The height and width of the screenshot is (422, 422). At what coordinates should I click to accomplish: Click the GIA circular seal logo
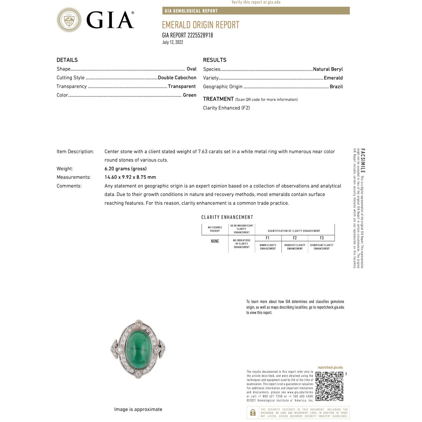69,20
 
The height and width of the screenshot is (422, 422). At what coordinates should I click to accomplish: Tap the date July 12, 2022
173,42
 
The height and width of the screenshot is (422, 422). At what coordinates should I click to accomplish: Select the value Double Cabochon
177,78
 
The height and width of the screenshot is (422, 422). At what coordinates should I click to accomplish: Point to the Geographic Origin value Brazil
336,87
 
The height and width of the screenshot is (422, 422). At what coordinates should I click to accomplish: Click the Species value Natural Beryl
328,69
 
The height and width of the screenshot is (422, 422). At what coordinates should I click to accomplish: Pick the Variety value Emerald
333,78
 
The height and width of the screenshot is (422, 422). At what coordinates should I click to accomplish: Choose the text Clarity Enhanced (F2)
226,108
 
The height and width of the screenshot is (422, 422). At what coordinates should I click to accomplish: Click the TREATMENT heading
218,99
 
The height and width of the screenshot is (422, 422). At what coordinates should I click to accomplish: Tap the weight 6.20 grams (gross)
126,169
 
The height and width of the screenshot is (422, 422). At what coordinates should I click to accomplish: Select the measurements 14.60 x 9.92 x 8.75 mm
130,177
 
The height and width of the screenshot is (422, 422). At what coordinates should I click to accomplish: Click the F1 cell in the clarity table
268,238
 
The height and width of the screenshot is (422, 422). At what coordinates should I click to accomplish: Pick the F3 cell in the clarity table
322,238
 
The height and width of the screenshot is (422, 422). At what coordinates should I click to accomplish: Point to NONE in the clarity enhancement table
215,241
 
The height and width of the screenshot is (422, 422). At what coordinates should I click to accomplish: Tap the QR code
329,386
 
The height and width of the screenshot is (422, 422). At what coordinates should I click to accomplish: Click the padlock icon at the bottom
253,413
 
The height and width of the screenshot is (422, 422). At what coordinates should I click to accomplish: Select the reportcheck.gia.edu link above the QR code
330,368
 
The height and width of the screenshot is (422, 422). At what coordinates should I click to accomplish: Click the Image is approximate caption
138,409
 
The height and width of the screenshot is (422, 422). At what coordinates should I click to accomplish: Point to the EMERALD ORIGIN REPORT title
201,25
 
